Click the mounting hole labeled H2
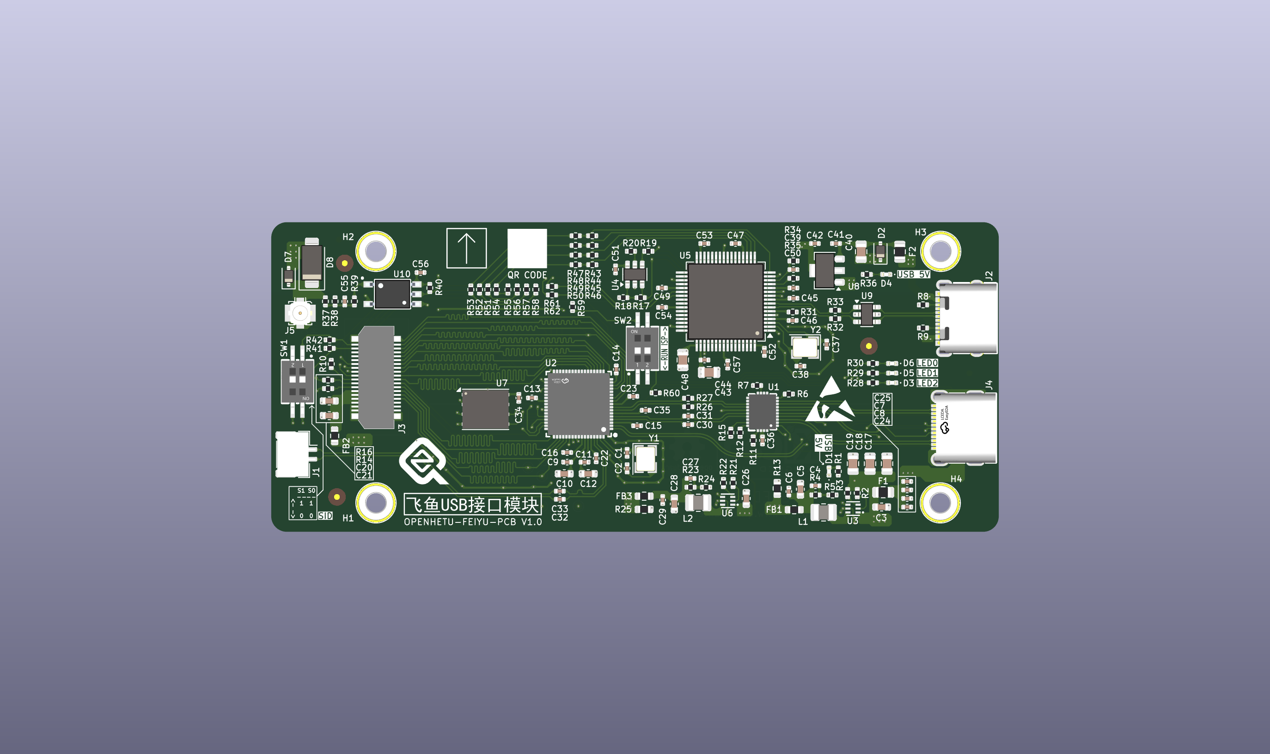click(x=376, y=251)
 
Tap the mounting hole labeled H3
click(x=940, y=251)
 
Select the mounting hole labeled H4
click(x=940, y=503)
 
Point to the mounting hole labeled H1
click(x=376, y=503)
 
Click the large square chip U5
click(x=725, y=301)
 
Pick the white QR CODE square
click(x=527, y=248)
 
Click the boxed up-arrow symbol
click(x=466, y=248)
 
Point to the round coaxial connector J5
click(x=300, y=313)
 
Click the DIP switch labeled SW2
click(x=642, y=348)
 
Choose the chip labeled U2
click(x=578, y=404)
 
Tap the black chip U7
click(x=485, y=410)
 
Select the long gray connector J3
click(x=376, y=377)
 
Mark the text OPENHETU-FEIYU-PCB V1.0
click(x=473, y=522)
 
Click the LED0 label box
click(x=927, y=363)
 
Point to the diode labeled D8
click(x=312, y=263)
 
